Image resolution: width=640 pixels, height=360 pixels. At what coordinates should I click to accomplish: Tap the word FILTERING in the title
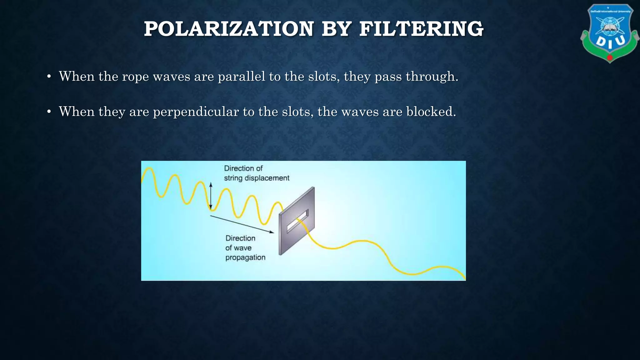[421, 29]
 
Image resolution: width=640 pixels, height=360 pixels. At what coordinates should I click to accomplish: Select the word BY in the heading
[336, 29]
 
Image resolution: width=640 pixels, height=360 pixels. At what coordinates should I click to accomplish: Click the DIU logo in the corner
[609, 33]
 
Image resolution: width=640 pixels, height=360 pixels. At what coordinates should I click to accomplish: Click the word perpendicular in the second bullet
[196, 112]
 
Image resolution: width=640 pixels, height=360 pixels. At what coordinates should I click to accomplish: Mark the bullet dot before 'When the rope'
[49, 77]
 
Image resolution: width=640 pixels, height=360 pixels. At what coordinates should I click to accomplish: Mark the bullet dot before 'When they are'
[49, 112]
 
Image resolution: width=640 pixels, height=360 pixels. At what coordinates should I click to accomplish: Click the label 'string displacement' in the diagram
[257, 178]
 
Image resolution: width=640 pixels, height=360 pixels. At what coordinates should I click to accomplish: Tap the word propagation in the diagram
[245, 258]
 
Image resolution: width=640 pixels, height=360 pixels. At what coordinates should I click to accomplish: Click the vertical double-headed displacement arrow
[211, 196]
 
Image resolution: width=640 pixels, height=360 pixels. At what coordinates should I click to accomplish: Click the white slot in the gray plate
[297, 221]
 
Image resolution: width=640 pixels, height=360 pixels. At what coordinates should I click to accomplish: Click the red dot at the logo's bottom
[610, 58]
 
